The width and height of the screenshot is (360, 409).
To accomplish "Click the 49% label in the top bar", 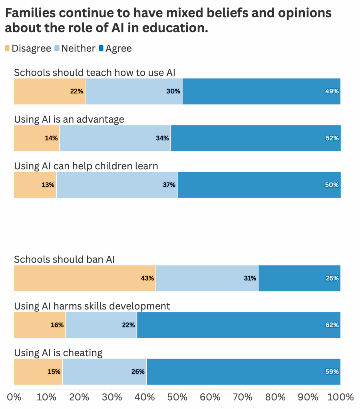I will (x=332, y=91).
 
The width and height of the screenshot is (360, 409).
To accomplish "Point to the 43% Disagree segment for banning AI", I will (x=85, y=278).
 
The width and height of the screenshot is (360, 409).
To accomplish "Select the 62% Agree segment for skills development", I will (x=239, y=325).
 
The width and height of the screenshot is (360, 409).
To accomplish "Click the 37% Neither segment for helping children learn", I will (x=117, y=185).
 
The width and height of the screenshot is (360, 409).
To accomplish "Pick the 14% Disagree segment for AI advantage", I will (x=37, y=138).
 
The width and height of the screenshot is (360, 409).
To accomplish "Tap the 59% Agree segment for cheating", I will (x=243, y=371).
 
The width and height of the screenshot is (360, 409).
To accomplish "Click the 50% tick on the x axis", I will (x=177, y=397).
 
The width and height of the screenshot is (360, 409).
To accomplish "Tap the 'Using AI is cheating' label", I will (x=58, y=353).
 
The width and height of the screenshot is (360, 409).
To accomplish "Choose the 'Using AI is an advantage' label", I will (x=69, y=119).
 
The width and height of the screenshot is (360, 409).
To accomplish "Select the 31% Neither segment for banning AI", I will (x=207, y=278).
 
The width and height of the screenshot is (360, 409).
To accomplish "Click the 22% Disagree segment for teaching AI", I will (x=50, y=91).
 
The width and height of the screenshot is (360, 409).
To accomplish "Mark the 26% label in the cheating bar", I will (x=138, y=371).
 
